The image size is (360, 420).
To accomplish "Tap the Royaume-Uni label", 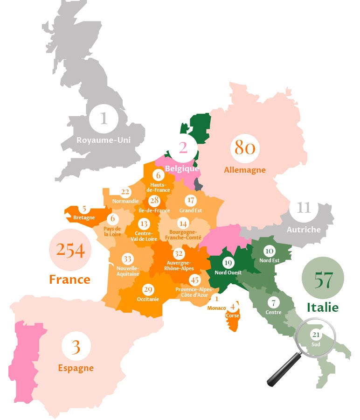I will coord(104,140).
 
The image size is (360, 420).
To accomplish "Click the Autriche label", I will coord(304,229).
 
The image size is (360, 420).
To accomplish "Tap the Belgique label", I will coord(182,168).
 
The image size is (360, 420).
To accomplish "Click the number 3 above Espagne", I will coord(76,347).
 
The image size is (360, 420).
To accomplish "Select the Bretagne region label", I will coord(84,217).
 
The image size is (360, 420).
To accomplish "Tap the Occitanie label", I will coord(148,299).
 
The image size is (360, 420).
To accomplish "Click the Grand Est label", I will coord(190,210).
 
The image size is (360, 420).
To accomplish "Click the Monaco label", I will coord(216,308).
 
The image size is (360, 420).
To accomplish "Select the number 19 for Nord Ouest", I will coord(227,262).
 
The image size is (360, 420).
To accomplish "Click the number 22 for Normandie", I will coord(125,192).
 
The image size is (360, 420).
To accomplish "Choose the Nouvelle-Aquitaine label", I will coord(127,271).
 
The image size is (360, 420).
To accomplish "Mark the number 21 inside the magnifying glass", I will coord(316,335).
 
